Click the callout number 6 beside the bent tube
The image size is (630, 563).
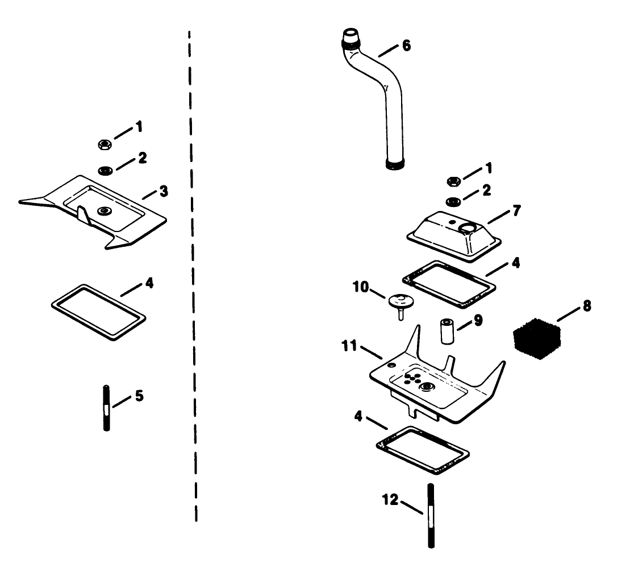(x=406, y=45)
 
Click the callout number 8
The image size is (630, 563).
(x=586, y=307)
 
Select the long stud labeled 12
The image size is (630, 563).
(x=430, y=515)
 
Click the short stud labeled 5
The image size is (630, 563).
(x=106, y=408)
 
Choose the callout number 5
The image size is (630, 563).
(x=139, y=395)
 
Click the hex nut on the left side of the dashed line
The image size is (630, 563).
(x=104, y=144)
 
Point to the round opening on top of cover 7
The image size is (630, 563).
(x=468, y=228)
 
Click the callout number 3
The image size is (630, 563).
(x=164, y=191)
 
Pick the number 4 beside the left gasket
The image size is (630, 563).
(x=149, y=282)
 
